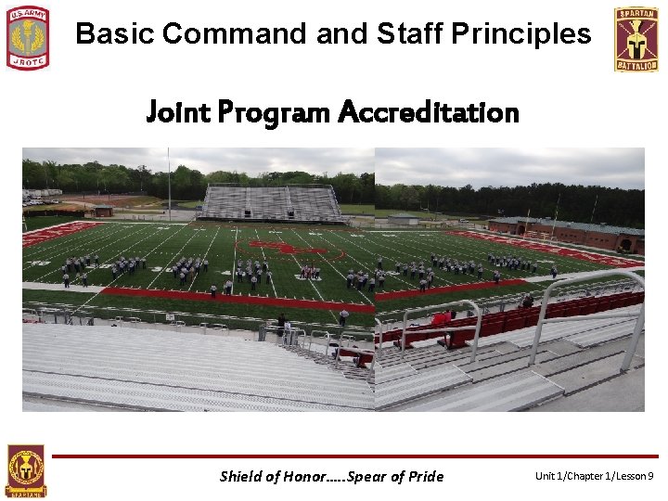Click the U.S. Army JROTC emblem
(x=28, y=38)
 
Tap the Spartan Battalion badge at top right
(x=636, y=39)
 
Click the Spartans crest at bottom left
(x=25, y=471)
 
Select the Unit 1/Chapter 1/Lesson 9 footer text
(x=594, y=476)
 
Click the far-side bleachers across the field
(x=272, y=202)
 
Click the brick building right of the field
(x=566, y=233)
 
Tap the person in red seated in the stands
(x=443, y=320)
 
